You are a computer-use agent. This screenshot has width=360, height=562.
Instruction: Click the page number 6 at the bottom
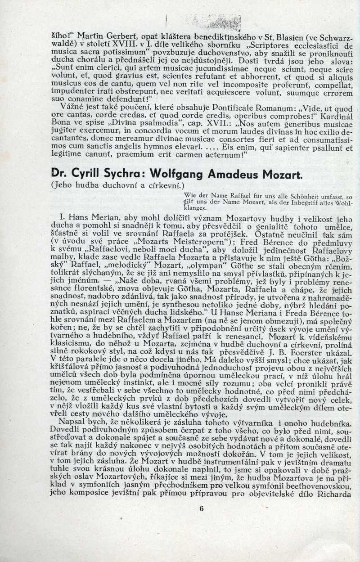[x=201, y=509]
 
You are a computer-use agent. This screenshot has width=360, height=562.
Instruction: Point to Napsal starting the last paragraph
[x=73, y=425]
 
